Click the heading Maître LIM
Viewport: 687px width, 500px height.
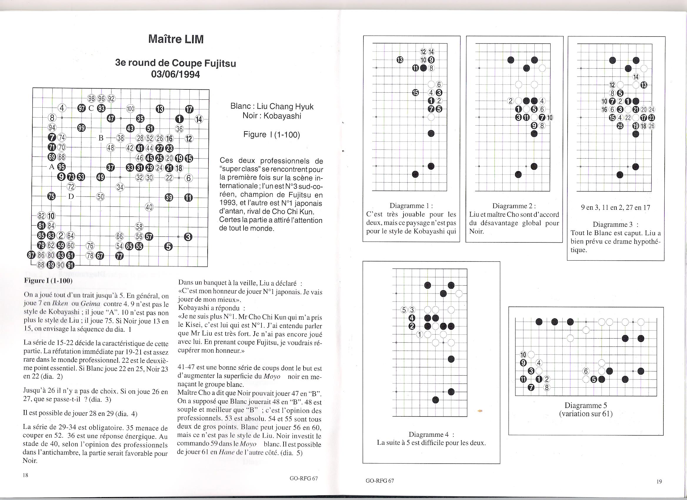(176, 39)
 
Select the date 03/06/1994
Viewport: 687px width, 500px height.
(175, 74)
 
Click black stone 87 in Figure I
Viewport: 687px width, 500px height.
(31, 255)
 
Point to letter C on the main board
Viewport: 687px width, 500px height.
(91, 109)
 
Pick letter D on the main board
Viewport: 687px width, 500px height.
(71, 196)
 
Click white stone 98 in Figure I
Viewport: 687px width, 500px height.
(91, 99)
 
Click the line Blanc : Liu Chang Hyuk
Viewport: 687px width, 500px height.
(272, 106)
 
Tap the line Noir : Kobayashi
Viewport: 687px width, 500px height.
(272, 116)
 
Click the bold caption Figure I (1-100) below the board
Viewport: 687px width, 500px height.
(48, 280)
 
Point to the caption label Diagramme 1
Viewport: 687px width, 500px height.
(411, 206)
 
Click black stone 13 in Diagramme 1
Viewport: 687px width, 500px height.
(400, 60)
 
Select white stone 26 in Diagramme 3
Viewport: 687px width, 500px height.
(651, 126)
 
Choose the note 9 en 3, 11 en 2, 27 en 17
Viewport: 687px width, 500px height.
(615, 207)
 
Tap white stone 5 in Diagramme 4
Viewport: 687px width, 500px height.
(404, 310)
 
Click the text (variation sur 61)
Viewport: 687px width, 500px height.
(586, 414)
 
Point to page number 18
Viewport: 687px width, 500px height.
(26, 475)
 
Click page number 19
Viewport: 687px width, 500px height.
(659, 481)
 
